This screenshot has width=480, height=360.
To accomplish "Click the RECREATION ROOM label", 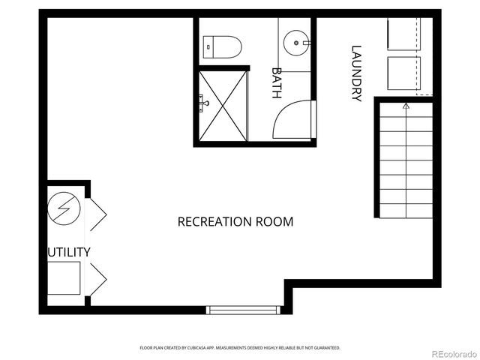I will coord(235,222).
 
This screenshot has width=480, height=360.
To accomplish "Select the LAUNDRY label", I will coord(356,73).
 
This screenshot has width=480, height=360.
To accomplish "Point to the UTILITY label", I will coord(69,252).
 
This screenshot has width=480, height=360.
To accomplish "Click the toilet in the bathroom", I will coord(222,46).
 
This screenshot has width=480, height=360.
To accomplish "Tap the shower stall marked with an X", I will coord(223,106).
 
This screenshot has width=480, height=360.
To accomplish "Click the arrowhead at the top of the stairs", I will coord(406,106).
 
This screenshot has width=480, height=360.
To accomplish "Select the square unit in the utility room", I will coord(65,277).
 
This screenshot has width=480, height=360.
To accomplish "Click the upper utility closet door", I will coord(96,214).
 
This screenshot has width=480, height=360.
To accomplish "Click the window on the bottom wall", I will coord(241,309).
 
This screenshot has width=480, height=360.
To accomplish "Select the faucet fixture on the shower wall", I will coord(202,99).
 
